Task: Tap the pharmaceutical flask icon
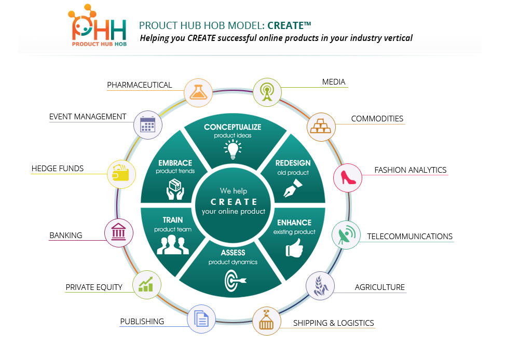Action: [x=198, y=92]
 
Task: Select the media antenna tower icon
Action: [x=267, y=92]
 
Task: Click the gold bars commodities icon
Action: [x=321, y=127]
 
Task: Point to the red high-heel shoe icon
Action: [x=348, y=178]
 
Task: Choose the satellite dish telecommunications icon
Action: [x=346, y=235]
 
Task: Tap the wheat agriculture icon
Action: [x=320, y=286]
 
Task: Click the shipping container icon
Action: [x=266, y=321]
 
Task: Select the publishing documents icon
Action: [x=201, y=319]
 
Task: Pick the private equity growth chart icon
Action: [x=146, y=285]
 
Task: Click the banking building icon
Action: [x=118, y=232]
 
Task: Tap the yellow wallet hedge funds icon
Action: [x=121, y=173]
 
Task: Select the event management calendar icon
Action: [x=147, y=124]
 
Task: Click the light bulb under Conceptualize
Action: [x=233, y=149]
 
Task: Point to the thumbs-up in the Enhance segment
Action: [x=294, y=248]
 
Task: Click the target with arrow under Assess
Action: [x=235, y=281]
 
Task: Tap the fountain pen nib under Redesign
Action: [x=293, y=188]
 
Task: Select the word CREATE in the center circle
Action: [x=234, y=202]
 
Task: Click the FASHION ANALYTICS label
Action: [x=411, y=170]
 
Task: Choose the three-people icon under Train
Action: [x=173, y=244]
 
